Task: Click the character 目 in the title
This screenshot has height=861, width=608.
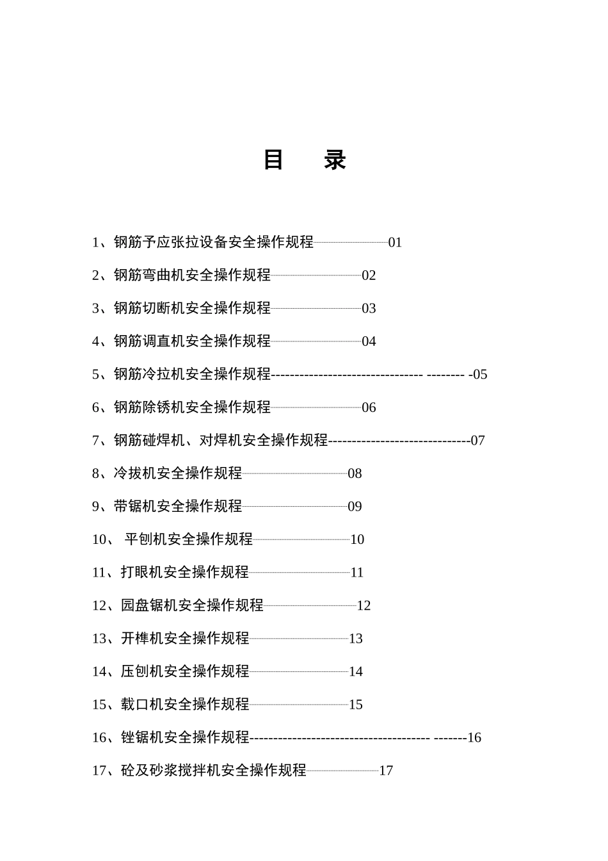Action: tap(273, 160)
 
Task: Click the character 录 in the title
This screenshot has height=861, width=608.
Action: tap(335, 160)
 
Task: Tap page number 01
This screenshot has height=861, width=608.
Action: tap(395, 242)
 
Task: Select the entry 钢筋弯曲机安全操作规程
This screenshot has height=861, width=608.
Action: tap(192, 275)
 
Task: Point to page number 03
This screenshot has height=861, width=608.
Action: tap(369, 309)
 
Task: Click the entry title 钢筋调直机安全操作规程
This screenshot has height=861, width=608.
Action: tap(192, 341)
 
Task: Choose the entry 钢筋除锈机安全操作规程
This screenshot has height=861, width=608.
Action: tap(192, 407)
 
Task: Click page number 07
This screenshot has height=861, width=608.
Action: tap(477, 441)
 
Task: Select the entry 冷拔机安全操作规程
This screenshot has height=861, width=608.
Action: tap(178, 473)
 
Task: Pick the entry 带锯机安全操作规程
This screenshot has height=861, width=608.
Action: tap(178, 507)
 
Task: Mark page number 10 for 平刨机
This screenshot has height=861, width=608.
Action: tap(357, 539)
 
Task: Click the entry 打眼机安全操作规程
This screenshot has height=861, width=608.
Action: tap(185, 573)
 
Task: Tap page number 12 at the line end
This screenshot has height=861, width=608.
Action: tap(364, 605)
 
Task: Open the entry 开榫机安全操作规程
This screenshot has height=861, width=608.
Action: tap(185, 639)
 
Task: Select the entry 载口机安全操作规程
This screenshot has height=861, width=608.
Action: tap(185, 705)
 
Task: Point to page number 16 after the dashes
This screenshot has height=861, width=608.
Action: tap(474, 738)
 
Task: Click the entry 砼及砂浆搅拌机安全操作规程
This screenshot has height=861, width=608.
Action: tap(214, 771)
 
